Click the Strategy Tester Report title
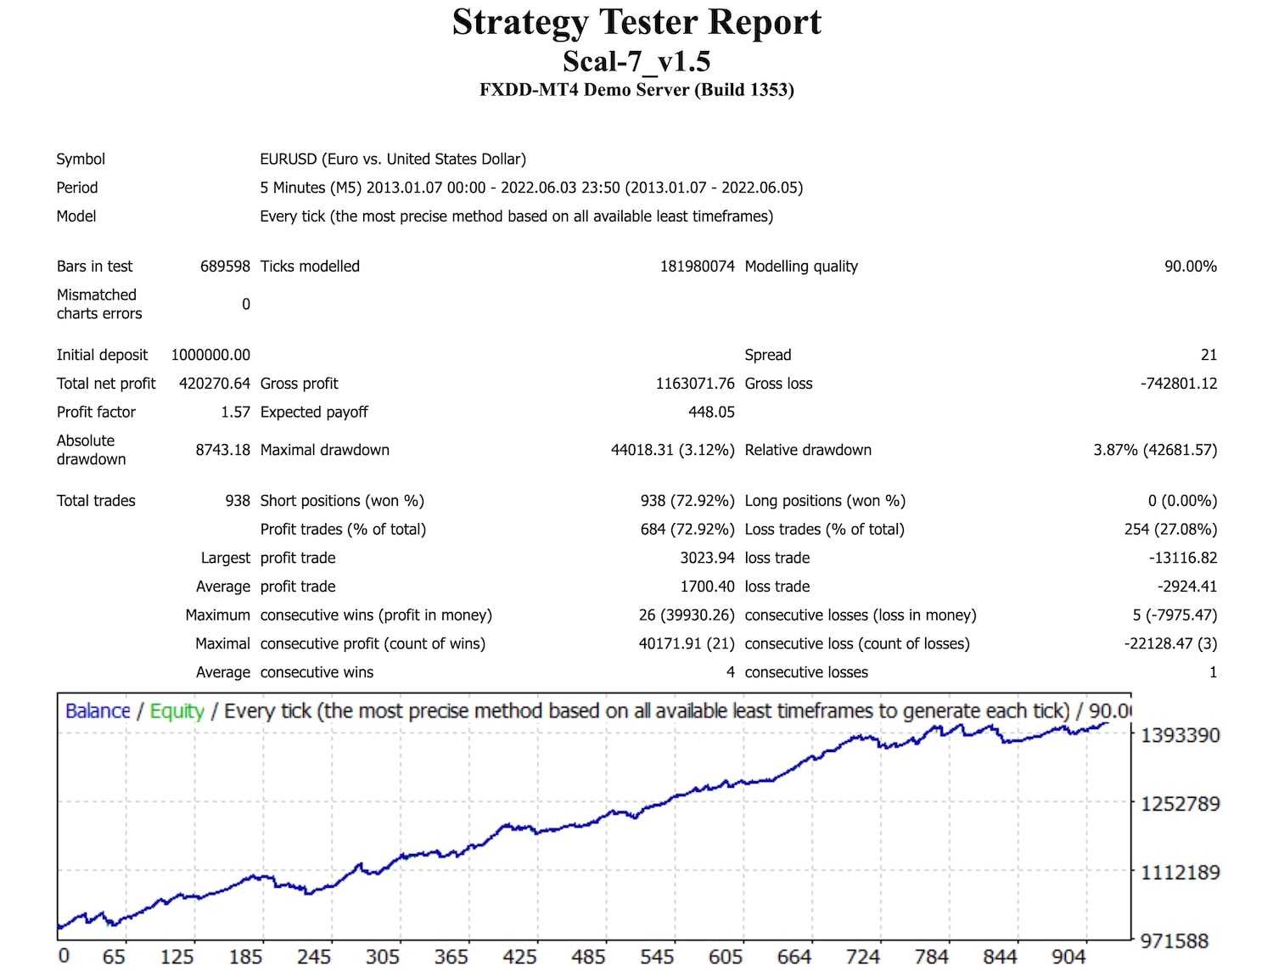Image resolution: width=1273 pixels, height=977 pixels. pos(636,23)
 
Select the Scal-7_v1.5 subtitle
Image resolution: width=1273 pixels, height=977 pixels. pos(636,61)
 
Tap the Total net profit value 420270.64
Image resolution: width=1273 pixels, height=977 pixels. pos(215,384)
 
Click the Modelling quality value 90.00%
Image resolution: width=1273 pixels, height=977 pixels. pos(1190,267)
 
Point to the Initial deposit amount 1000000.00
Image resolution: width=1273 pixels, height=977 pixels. pos(210,355)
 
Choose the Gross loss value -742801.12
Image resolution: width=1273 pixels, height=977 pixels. pos(1178,384)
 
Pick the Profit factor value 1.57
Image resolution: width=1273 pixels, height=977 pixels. pos(235,413)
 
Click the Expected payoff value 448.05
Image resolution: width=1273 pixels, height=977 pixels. pos(711,413)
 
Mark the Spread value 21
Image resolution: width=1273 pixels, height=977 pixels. pos(1209,355)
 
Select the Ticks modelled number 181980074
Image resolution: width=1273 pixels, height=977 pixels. pos(697,267)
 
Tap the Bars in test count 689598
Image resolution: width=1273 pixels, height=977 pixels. pos(225,267)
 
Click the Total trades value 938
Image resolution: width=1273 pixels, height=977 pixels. pos(238,501)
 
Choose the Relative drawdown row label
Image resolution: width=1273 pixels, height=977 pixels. pos(808,450)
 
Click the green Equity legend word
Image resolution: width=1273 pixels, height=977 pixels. pos(177,711)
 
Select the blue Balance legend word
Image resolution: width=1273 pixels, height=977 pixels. pos(98,711)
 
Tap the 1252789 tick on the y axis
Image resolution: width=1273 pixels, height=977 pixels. pos(1180,804)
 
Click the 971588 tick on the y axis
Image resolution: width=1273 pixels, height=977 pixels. pos(1174,941)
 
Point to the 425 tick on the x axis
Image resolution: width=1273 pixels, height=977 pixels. pos(519,957)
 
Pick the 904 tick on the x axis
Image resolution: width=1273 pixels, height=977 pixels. pos(1068,957)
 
